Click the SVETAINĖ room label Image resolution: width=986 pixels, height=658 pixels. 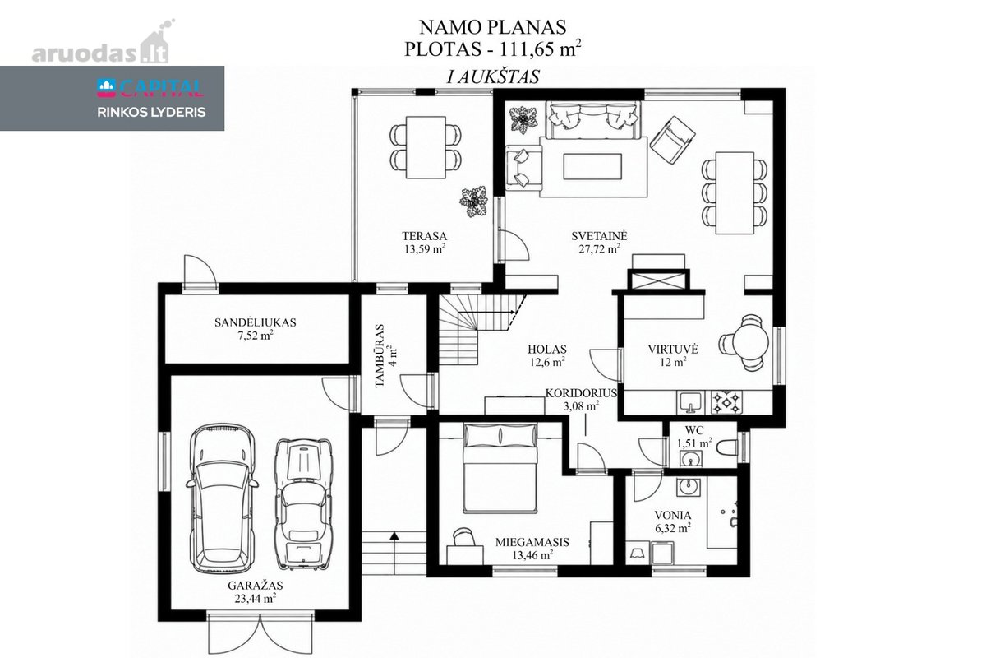coord(599,236)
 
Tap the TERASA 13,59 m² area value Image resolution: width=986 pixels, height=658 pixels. coord(424,249)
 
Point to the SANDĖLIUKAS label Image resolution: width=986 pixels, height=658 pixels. coord(256,322)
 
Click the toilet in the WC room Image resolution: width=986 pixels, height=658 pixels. coord(726,447)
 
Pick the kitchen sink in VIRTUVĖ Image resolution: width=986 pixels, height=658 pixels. coord(691,403)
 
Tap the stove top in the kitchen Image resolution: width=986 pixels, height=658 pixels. coord(726,402)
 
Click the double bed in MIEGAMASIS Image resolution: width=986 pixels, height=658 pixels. coord(500,468)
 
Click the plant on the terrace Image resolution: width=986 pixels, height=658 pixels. coord(473,202)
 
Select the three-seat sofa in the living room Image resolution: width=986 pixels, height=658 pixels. coord(593,120)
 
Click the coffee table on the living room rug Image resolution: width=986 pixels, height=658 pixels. coord(592,165)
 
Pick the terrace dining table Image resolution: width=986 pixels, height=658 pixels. coord(426,147)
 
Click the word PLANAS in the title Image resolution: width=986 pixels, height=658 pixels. coord(527,27)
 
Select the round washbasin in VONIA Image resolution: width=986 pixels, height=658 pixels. coord(688,488)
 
